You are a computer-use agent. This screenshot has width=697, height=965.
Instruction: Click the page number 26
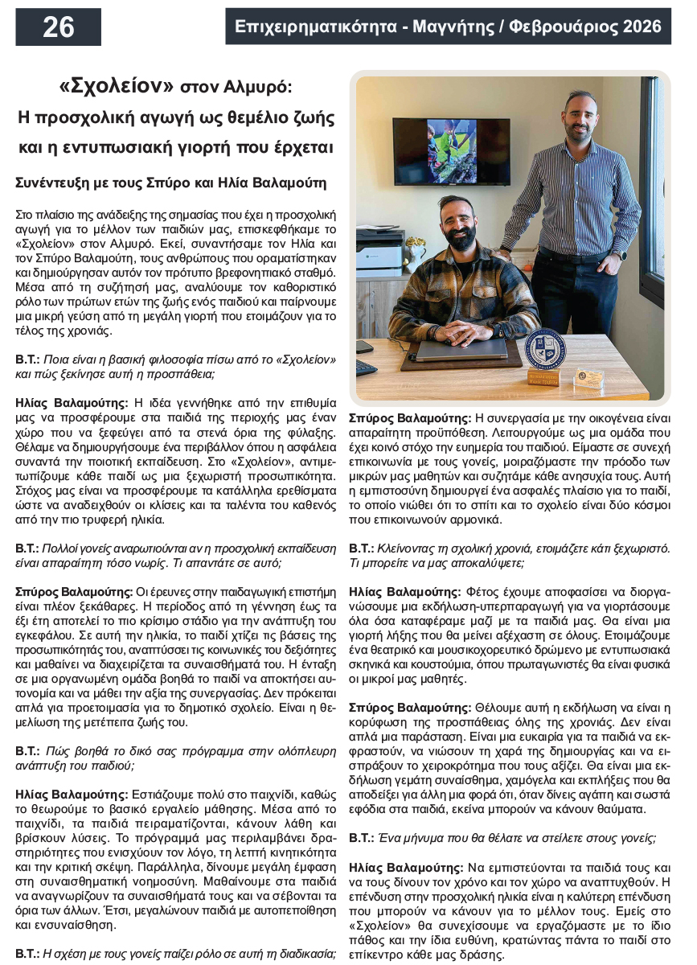click(58, 27)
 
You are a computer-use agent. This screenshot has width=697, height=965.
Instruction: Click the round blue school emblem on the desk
click(545, 348)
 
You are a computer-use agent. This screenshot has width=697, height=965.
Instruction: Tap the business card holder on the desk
click(590, 378)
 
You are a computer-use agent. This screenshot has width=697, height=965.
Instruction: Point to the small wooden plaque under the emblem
click(544, 376)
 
